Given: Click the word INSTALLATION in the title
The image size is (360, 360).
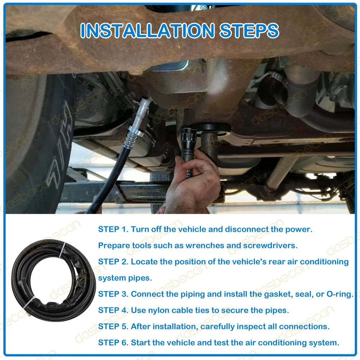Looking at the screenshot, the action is pos(148,31).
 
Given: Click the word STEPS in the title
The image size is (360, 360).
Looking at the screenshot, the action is pos(249,31).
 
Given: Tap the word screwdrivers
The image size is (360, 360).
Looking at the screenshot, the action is pos(270,246).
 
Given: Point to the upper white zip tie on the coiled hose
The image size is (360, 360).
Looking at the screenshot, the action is pos(62,250).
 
